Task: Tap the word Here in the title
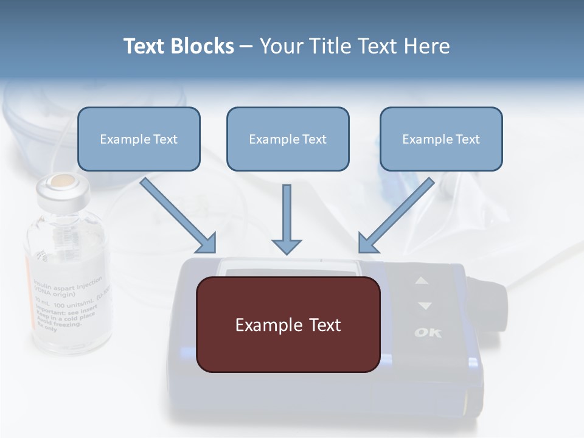[x=425, y=46]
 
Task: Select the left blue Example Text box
[x=139, y=139]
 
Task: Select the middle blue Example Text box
[x=288, y=139]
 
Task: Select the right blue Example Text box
[x=441, y=139]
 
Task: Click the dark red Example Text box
[x=288, y=324]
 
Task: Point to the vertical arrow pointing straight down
[x=287, y=219]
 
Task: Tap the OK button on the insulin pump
[x=428, y=333]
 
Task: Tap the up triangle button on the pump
[x=422, y=281]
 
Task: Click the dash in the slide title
[x=246, y=46]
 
